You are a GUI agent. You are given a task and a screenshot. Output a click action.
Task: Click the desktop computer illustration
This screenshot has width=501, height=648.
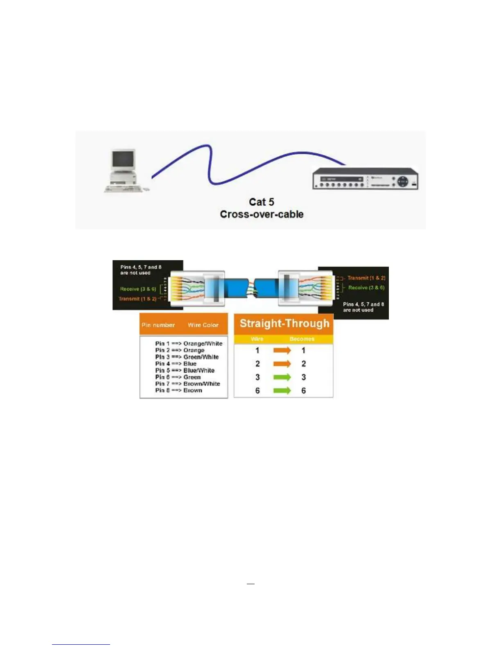(124, 171)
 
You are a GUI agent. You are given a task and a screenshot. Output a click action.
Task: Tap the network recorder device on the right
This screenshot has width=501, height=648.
(365, 179)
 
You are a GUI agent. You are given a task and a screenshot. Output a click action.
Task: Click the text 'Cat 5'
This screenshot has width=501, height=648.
(262, 202)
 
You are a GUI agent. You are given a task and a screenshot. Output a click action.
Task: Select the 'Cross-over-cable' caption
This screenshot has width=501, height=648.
(262, 214)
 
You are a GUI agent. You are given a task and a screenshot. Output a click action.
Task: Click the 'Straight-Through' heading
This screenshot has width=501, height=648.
(284, 324)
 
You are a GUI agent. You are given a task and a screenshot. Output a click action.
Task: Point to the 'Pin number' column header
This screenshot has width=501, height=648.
(158, 325)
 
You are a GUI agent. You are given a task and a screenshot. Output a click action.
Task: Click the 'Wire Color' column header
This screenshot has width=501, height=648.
(203, 325)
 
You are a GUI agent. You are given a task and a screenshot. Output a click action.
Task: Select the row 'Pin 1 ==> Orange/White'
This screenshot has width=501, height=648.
(189, 344)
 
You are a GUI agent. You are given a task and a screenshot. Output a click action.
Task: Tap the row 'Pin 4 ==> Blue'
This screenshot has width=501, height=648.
(176, 364)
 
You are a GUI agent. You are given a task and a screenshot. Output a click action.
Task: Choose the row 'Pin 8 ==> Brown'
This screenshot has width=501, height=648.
(178, 390)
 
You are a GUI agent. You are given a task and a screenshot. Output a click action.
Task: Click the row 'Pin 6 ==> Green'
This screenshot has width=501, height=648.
(178, 377)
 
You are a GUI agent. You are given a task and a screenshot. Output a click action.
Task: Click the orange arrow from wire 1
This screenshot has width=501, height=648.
(282, 351)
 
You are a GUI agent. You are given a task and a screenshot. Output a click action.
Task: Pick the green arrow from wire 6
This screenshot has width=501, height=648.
(282, 391)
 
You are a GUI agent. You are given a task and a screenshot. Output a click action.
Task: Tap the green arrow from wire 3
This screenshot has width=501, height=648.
(282, 377)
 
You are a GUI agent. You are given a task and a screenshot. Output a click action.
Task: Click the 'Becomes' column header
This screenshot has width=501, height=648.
(302, 339)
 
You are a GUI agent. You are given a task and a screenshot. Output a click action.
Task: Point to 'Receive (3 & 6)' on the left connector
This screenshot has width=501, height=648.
(138, 289)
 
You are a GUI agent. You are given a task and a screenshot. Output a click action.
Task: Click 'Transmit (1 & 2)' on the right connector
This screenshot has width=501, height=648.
(366, 278)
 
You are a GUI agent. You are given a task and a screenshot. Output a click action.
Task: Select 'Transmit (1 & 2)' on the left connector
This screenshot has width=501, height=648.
(138, 299)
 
